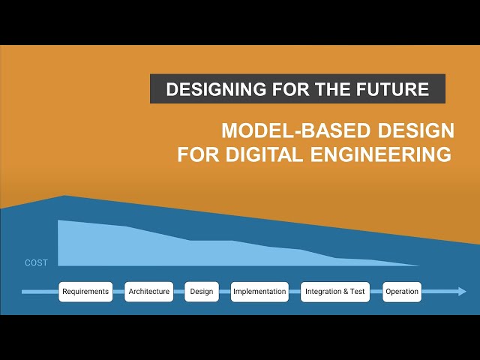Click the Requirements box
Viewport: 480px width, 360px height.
tap(85, 292)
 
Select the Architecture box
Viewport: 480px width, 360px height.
tap(149, 292)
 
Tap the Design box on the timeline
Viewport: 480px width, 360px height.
tap(202, 292)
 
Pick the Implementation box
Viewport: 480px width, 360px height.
tap(259, 292)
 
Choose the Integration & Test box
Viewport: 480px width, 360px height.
tap(336, 292)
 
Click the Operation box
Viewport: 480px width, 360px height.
tap(402, 292)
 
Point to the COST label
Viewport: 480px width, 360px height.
tap(36, 263)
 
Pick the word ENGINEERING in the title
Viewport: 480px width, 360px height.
tap(376, 155)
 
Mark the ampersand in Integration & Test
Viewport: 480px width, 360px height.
tap(346, 292)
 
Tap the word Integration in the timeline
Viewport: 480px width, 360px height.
tap(323, 292)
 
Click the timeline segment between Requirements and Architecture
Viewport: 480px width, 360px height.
tap(118, 292)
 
